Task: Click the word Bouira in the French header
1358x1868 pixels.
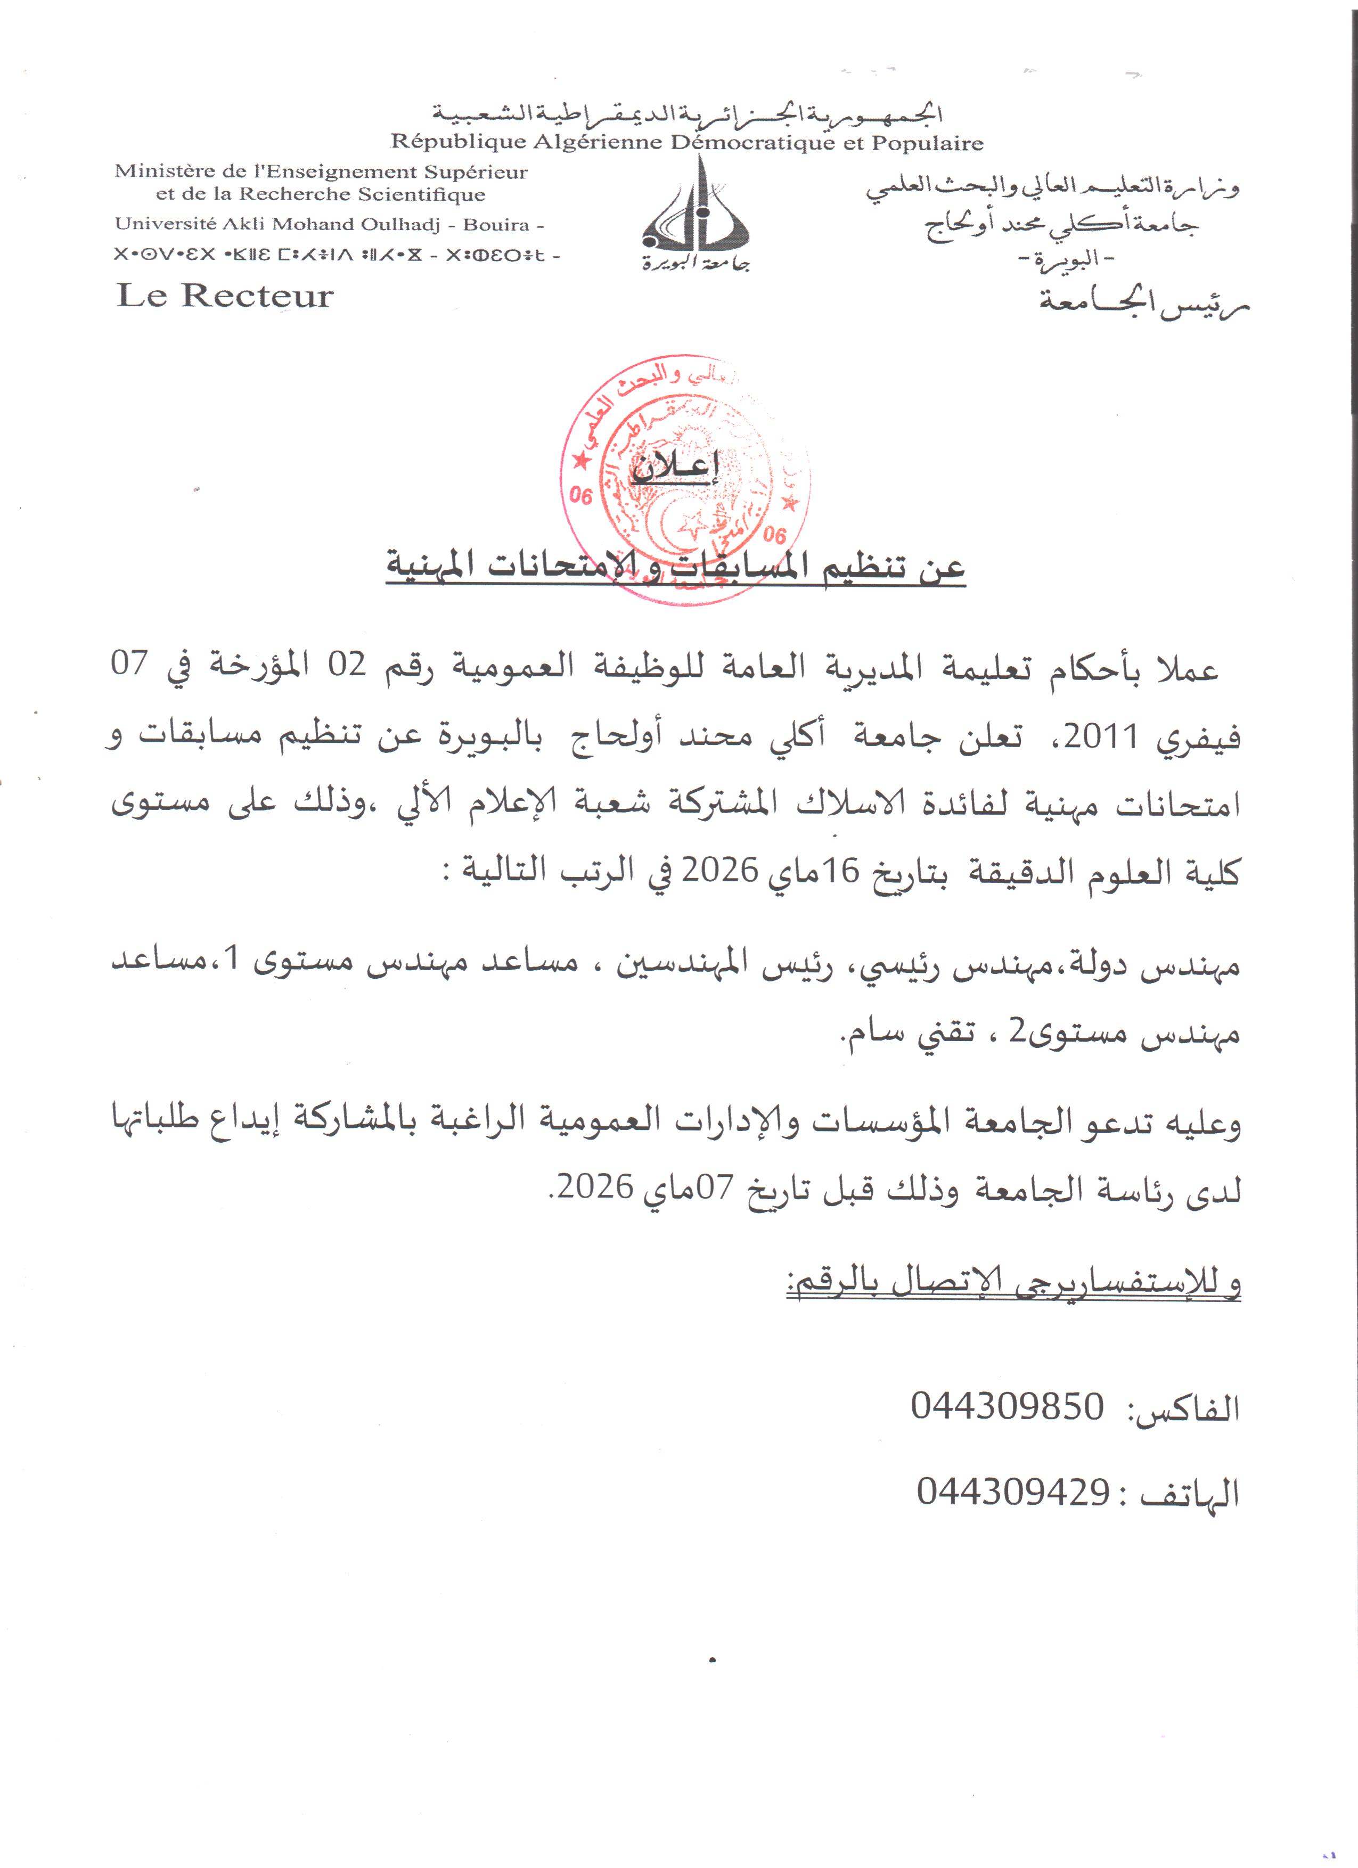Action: pyautogui.click(x=496, y=224)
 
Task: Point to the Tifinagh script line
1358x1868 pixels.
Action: pyautogui.click(x=337, y=255)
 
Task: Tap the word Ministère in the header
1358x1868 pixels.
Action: pyautogui.click(x=161, y=171)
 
